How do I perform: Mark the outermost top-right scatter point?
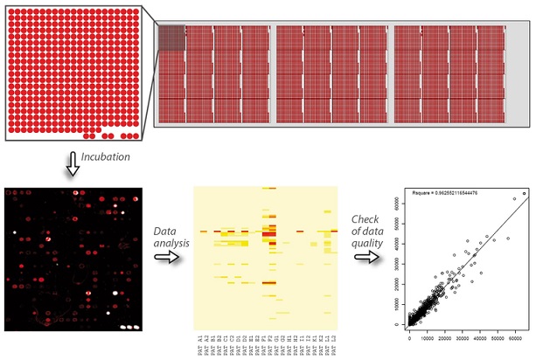523,193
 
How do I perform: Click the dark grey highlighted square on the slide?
171,38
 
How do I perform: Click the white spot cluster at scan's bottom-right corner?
129,325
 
